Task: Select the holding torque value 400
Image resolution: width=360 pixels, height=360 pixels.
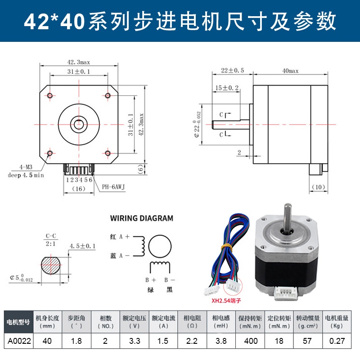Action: pos(251,341)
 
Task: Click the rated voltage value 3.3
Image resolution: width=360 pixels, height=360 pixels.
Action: pos(134,341)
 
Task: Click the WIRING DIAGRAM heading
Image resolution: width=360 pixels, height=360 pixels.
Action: pos(141,218)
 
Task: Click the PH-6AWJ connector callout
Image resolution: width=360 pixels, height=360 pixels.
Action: pos(112,186)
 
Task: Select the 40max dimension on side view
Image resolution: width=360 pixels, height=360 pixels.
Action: pos(290,71)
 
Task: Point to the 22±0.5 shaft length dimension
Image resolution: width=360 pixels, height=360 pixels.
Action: pos(232,71)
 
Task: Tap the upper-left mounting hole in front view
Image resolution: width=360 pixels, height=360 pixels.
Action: pos(50,95)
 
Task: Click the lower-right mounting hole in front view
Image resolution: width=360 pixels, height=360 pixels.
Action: pos(108,153)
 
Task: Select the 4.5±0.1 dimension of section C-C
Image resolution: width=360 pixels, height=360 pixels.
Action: pos(83,246)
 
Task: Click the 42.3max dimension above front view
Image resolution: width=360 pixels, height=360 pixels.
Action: pos(79,63)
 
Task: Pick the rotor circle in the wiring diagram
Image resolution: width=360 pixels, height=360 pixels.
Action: pos(160,245)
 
